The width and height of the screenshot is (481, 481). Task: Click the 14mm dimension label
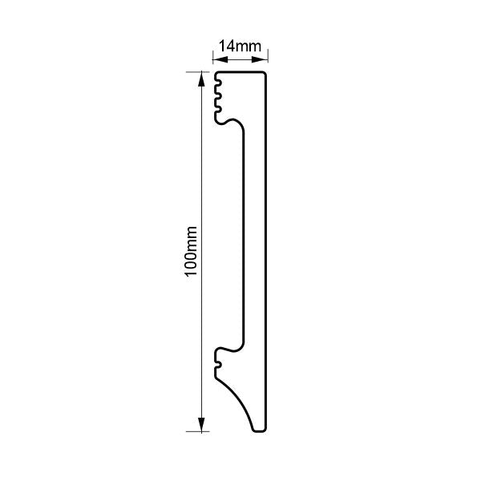(240, 46)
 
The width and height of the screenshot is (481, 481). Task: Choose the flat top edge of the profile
(240, 72)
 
